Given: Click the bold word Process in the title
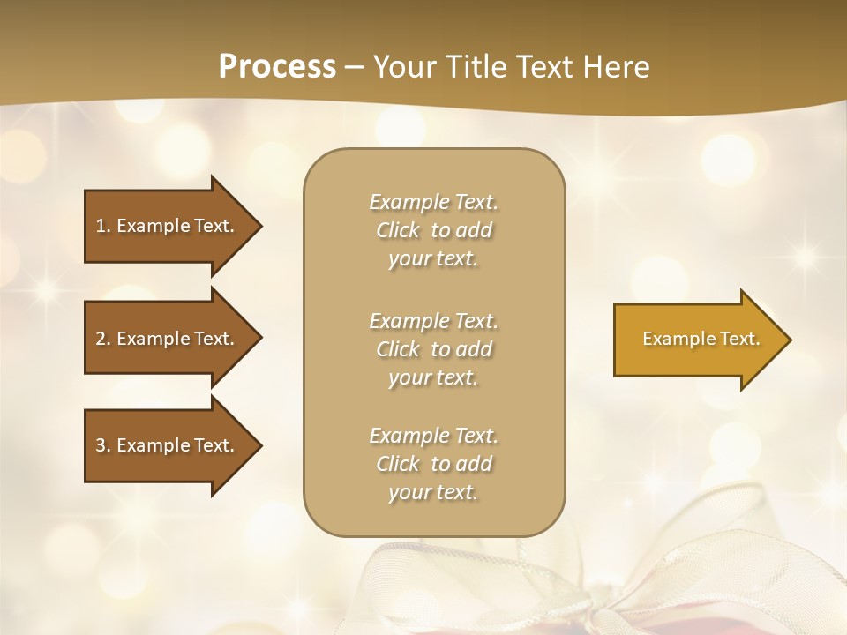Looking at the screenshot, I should pyautogui.click(x=277, y=67).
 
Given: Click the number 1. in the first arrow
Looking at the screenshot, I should pyautogui.click(x=102, y=226).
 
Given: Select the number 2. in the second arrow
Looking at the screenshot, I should pyautogui.click(x=102, y=339).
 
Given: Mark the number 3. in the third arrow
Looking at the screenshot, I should pyautogui.click(x=102, y=445).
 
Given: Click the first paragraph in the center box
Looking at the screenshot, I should pyautogui.click(x=433, y=230).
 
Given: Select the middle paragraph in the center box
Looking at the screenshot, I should pyautogui.click(x=433, y=349).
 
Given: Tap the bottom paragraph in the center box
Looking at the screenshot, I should pyautogui.click(x=433, y=464).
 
